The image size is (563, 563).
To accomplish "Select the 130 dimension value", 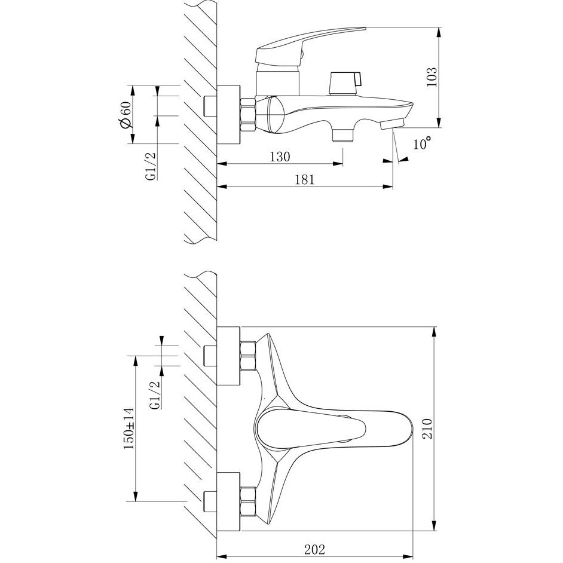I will tap(279, 157).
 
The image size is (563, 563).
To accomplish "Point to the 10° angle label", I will tap(422, 144).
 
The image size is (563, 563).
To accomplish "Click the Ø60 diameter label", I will tap(125, 114).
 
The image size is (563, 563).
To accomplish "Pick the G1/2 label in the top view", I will tap(151, 166).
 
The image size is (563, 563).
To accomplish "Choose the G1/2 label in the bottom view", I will tap(154, 396).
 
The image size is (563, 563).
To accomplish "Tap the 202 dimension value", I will tap(315, 547).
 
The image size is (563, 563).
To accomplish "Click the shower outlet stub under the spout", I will tap(342, 133).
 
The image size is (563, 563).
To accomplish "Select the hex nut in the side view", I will tap(247, 113).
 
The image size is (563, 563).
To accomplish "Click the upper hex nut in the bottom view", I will tap(247, 357).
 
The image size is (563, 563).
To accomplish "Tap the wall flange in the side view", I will tap(228, 114).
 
